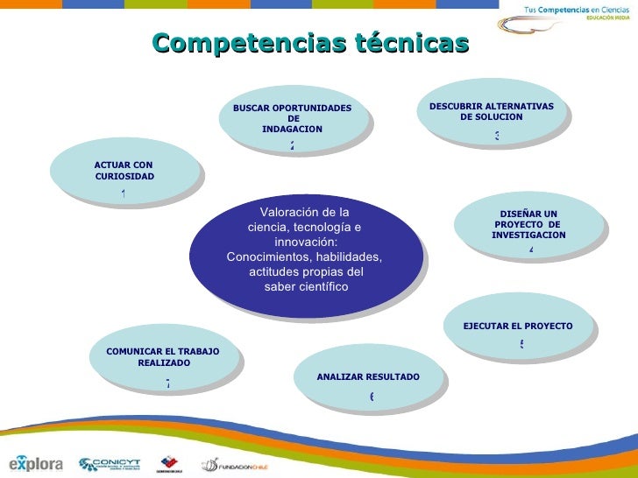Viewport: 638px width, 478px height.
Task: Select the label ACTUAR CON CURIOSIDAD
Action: coord(124,170)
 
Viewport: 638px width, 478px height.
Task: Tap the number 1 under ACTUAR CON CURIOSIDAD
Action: coord(124,193)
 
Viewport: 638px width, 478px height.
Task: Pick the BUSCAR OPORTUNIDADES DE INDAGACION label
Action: coord(293,118)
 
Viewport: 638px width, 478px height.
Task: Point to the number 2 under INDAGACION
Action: coord(292,145)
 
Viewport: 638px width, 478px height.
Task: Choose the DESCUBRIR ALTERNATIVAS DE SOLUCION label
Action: coord(492,111)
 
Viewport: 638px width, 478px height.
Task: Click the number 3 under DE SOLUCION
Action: coord(496,136)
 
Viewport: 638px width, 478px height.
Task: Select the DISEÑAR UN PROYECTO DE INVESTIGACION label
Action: coord(528,224)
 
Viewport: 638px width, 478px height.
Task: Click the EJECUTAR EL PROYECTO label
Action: coord(518,326)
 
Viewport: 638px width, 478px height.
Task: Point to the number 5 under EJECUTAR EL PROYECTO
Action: coord(521,344)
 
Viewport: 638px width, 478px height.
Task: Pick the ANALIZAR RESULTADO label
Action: coord(368,376)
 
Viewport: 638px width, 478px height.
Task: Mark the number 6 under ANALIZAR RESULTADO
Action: coord(372,397)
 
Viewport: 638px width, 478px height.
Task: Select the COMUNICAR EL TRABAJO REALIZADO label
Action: coord(163,356)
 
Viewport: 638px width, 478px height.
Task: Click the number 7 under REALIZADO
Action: coord(167,383)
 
